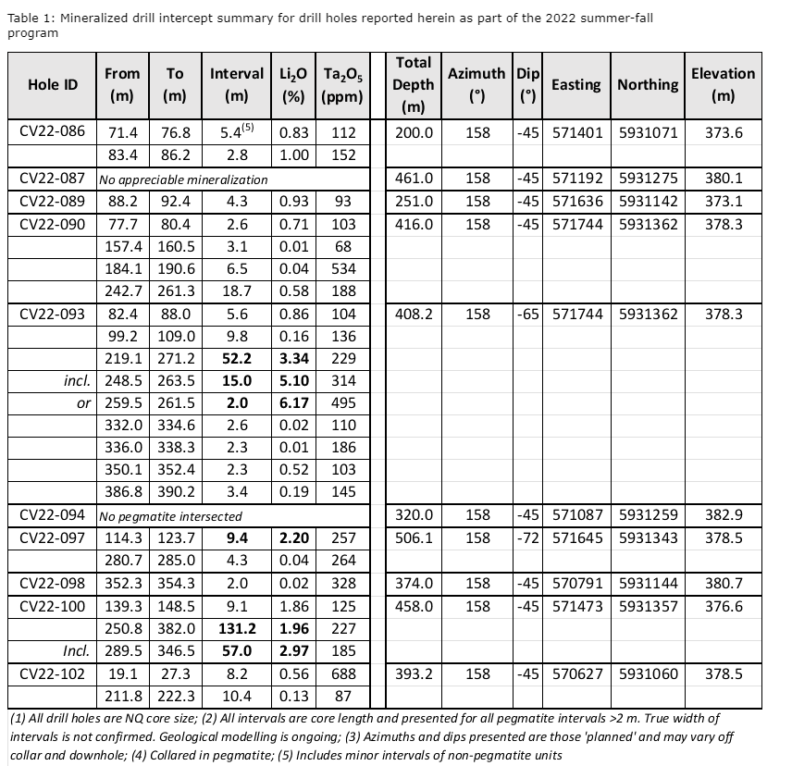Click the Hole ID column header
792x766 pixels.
coord(52,84)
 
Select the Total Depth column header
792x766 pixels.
coord(414,84)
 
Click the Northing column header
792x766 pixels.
coord(648,84)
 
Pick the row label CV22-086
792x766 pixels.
coord(52,131)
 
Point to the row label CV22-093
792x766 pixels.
coord(52,315)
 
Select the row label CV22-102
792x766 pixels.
coord(52,674)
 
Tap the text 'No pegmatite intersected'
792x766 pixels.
coord(170,515)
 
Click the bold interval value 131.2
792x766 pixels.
coord(237,628)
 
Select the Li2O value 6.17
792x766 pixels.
coord(296,404)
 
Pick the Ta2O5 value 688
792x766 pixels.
coord(343,674)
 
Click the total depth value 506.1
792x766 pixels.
coord(414,537)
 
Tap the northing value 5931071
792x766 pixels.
coord(648,131)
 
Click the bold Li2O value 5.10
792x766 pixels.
coord(296,381)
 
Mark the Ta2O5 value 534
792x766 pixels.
coord(343,269)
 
